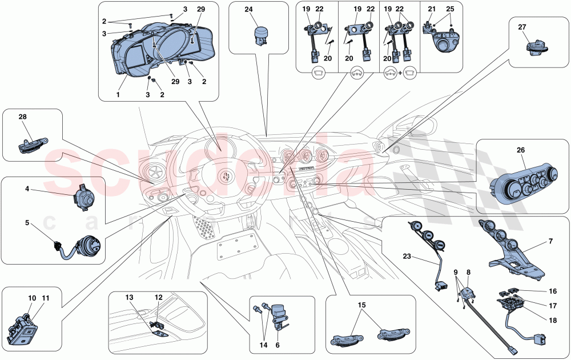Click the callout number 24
click(x=248, y=10)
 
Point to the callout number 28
click(x=23, y=117)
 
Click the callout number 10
click(x=32, y=298)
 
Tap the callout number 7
click(x=550, y=242)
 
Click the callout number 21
click(x=431, y=10)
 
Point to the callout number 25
click(x=451, y=10)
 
